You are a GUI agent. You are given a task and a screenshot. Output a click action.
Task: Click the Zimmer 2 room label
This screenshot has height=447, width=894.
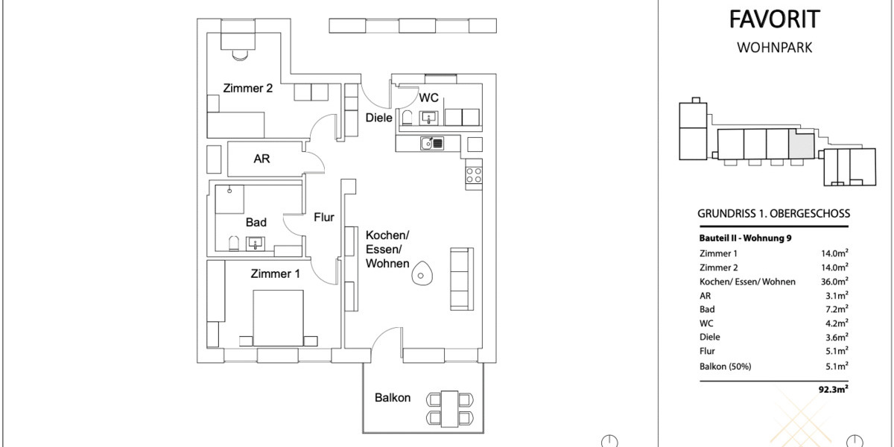click(x=247, y=88)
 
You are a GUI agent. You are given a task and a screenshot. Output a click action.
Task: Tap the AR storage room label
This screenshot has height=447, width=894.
click(x=261, y=159)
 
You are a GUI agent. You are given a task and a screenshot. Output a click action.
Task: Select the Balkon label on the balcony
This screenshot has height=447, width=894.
click(x=392, y=398)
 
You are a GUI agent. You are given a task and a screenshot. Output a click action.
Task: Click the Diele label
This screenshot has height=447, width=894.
click(x=378, y=117)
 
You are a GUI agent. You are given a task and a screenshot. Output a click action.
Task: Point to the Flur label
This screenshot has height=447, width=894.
click(x=323, y=218)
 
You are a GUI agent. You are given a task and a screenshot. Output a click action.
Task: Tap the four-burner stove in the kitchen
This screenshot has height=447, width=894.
click(x=474, y=176)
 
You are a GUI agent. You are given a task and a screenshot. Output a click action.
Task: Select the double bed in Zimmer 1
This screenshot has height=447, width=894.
click(x=278, y=317)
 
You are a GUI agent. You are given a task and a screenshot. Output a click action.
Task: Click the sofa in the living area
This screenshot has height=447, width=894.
click(x=460, y=279)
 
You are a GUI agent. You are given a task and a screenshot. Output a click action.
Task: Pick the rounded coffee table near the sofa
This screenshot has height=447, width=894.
click(x=422, y=275)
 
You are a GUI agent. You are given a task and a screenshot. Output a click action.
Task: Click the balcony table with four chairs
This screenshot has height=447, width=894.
click(x=448, y=408)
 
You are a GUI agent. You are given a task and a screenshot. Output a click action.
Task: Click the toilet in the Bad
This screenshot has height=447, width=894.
click(x=232, y=242)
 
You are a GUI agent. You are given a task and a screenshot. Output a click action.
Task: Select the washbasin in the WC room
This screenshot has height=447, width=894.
click(x=429, y=117)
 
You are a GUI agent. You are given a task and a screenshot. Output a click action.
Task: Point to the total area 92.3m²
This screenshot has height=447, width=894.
click(x=832, y=388)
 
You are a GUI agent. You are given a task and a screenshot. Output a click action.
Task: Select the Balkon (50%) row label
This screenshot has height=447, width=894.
click(x=725, y=366)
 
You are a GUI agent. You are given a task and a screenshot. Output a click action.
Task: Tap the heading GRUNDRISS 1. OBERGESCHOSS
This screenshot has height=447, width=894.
click(x=773, y=214)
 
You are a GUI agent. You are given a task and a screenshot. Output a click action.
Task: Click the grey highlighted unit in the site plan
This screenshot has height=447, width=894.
click(x=801, y=144)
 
